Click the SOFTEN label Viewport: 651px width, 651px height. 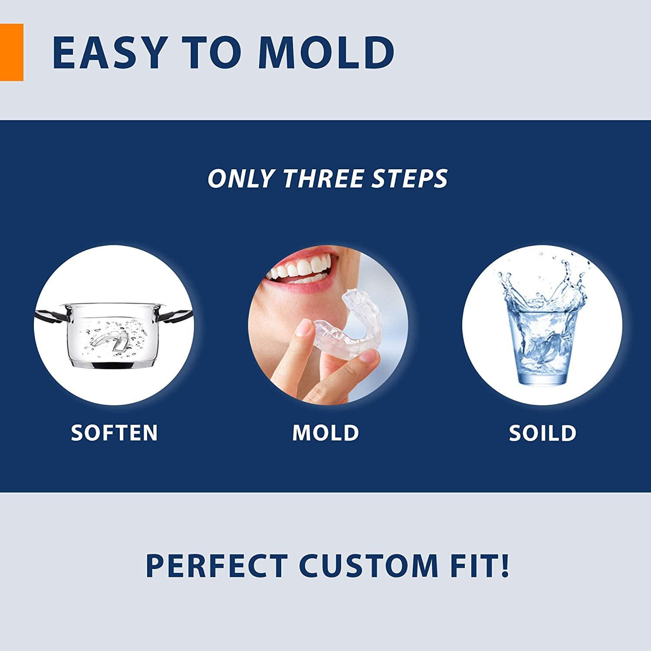tap(114, 433)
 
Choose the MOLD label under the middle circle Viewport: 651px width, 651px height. tap(325, 433)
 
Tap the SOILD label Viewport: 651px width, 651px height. tap(542, 433)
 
